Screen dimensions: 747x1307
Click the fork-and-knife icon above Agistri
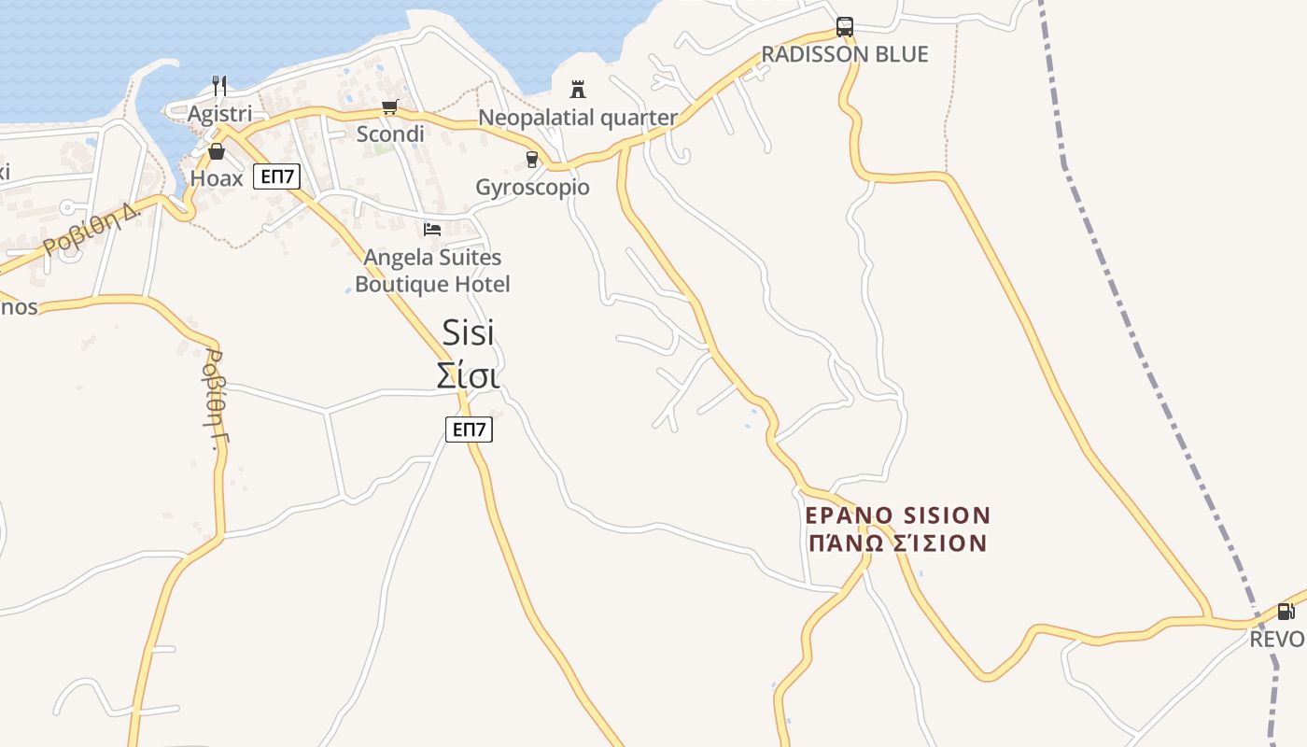click(219, 86)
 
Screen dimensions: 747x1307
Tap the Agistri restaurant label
click(219, 114)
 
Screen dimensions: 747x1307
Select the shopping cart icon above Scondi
click(390, 107)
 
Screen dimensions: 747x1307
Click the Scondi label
click(390, 134)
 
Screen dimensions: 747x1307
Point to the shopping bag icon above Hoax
click(217, 151)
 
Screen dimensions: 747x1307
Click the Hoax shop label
click(217, 178)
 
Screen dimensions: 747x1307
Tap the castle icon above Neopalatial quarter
click(578, 90)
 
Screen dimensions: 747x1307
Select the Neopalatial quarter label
click(578, 118)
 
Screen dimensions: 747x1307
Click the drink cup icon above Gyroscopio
click(532, 160)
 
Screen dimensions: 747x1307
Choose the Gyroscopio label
click(532, 188)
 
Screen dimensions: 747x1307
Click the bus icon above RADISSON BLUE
click(845, 27)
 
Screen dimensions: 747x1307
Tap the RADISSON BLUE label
click(845, 54)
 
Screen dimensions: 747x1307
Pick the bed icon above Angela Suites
click(432, 229)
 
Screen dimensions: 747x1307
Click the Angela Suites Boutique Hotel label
click(432, 271)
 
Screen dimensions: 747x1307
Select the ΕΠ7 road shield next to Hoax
click(277, 176)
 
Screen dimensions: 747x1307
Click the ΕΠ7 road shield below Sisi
click(469, 430)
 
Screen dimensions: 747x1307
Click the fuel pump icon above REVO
click(1286, 612)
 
